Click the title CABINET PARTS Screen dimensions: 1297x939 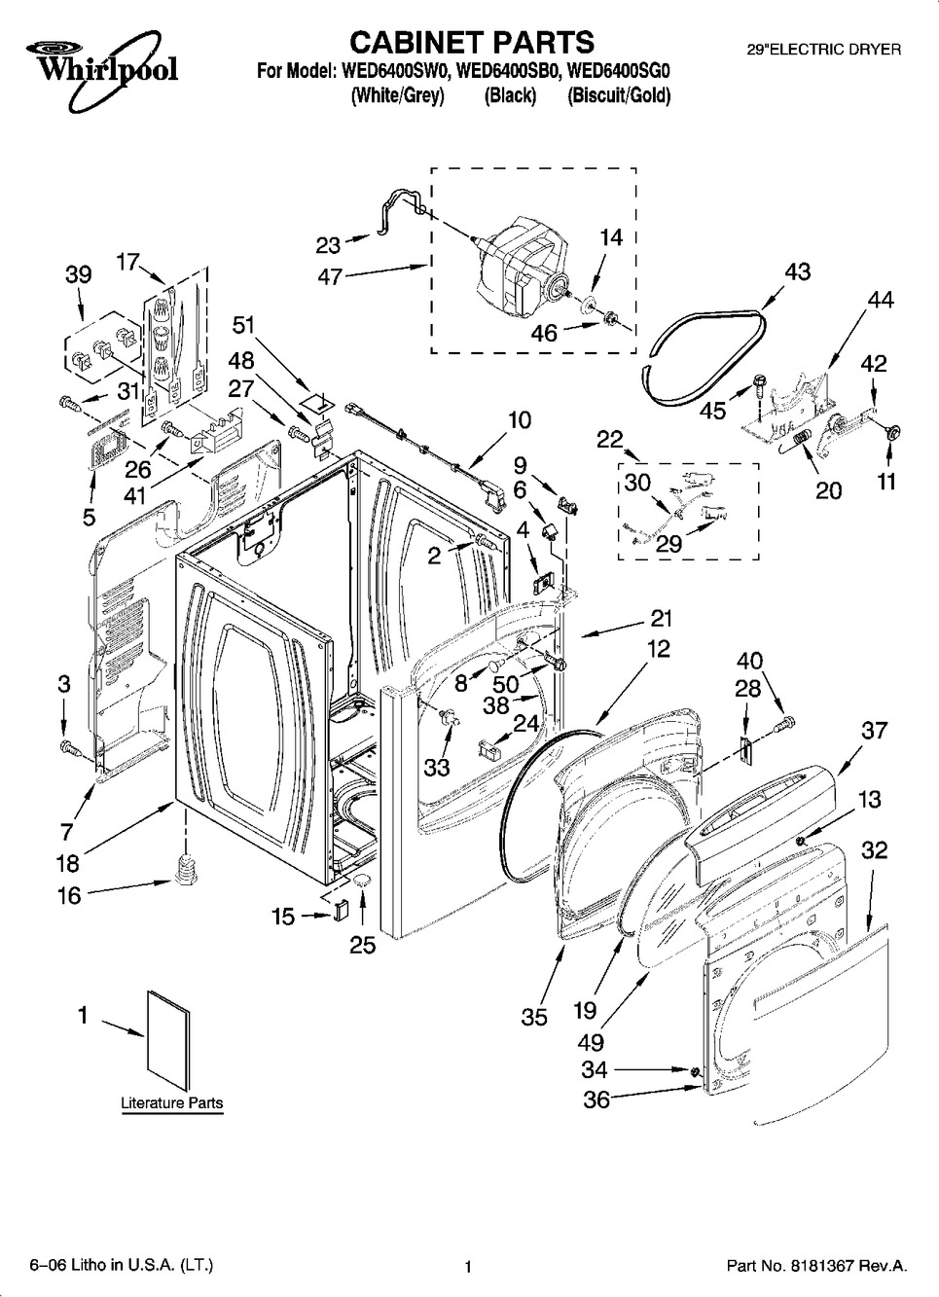[471, 42]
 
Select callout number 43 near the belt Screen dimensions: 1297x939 [797, 271]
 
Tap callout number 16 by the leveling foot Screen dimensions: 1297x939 [69, 895]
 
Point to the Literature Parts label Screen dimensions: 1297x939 [171, 1103]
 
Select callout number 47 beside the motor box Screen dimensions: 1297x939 [331, 276]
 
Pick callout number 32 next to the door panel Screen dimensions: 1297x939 [875, 849]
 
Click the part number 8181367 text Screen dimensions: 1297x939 [817, 1266]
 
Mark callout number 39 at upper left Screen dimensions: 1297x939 [78, 273]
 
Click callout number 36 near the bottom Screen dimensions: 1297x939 [596, 1099]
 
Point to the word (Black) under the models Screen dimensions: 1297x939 [510, 95]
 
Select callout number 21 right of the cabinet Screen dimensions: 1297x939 [662, 619]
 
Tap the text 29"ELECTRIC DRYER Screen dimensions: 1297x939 [823, 48]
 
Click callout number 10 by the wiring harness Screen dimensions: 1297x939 [520, 420]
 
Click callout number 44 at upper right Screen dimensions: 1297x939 [880, 301]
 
